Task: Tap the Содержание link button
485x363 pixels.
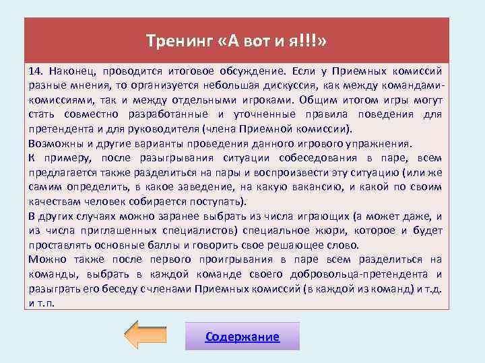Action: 243,337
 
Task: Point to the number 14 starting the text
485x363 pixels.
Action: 36,70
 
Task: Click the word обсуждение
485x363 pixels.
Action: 254,70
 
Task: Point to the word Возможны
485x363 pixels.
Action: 54,144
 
